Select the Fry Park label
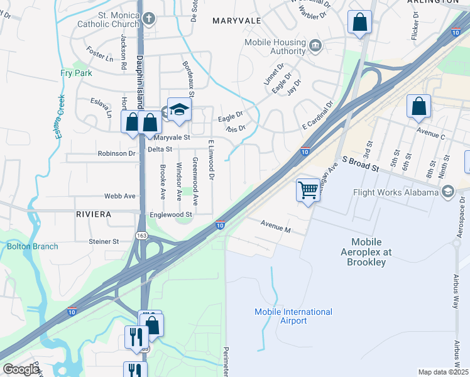point(76,73)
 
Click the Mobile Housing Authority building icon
point(315,45)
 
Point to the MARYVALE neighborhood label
point(236,21)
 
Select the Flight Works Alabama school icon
point(448,192)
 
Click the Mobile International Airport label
point(293,316)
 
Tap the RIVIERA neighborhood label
point(93,214)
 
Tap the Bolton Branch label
point(33,246)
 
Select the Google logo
point(21,369)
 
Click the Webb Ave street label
point(120,196)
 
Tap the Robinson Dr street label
point(116,153)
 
